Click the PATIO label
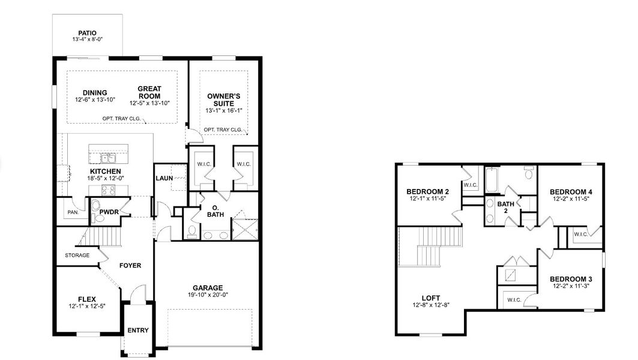[88, 33]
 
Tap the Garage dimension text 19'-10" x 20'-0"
[208, 295]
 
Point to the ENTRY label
[138, 330]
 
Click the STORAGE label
[77, 255]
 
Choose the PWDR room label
[109, 212]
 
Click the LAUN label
[164, 178]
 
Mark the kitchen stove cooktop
[108, 190]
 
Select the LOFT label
[430, 298]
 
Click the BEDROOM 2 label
[427, 191]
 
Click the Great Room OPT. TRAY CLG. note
[121, 118]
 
